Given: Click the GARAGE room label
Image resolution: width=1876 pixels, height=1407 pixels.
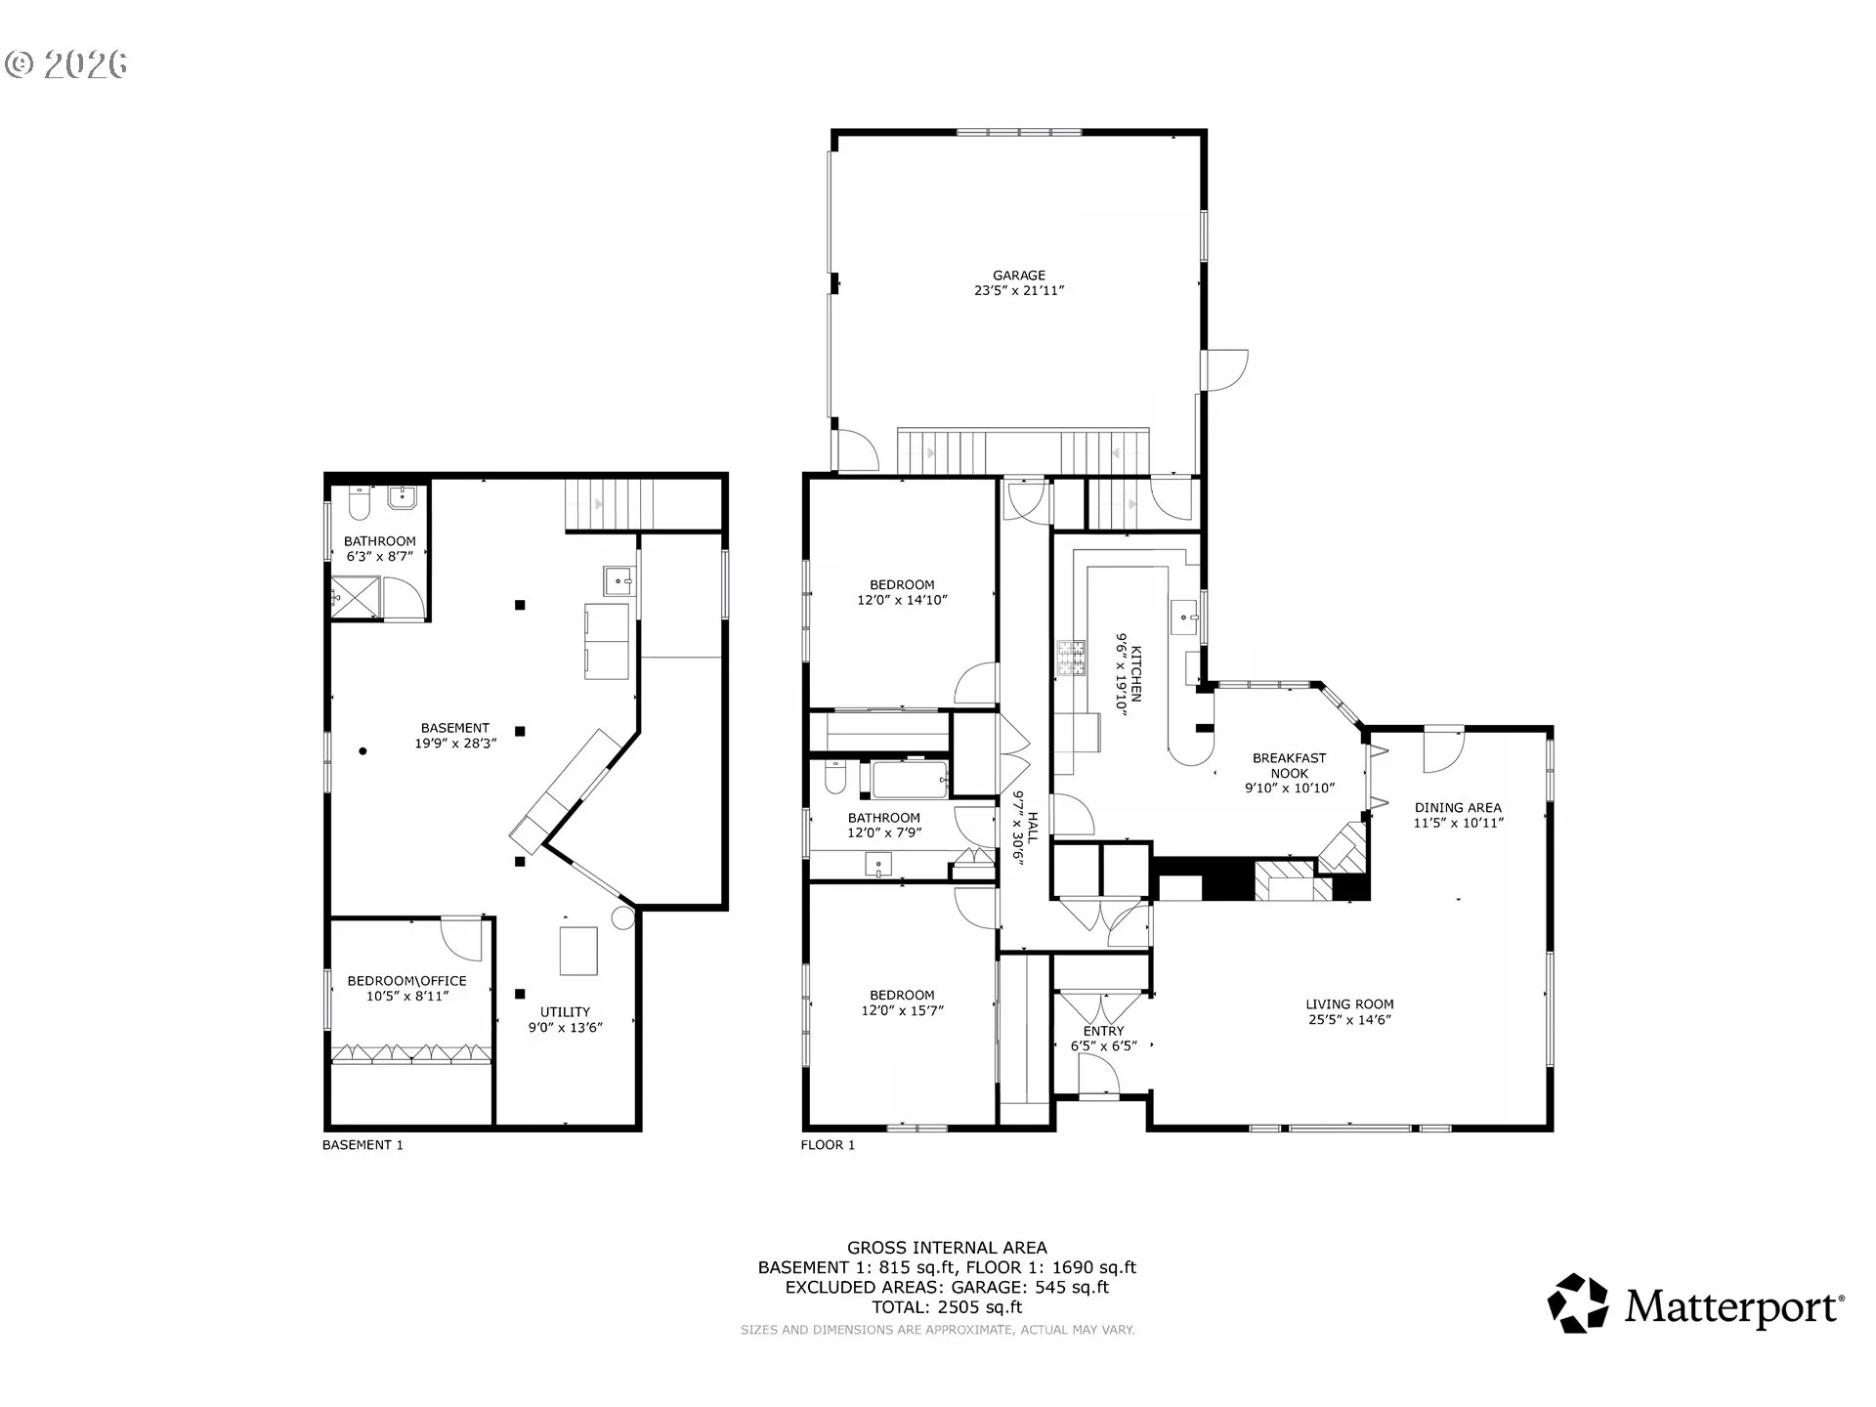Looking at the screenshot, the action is (1019, 276).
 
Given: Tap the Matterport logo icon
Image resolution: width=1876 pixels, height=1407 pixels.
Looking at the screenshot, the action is (1578, 1302).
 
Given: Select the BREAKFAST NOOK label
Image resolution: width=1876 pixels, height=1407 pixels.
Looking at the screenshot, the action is (1290, 765).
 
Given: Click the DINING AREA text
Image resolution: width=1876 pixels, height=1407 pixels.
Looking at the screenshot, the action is (1458, 807).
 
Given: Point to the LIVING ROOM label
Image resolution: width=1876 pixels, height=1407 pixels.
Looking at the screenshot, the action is (1349, 1003).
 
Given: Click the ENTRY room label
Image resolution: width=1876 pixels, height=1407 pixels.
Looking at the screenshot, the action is (1104, 1031).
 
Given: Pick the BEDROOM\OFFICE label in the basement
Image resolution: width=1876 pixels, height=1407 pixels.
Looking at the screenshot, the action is (407, 981).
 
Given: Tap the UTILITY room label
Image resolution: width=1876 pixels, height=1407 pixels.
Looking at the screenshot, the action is (566, 1012).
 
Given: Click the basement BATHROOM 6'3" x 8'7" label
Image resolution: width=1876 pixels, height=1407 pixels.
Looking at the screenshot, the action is (380, 548).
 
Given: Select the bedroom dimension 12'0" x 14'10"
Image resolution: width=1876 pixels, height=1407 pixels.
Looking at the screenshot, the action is (902, 600).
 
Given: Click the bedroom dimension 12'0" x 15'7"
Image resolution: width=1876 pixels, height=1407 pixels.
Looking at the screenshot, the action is (902, 1010).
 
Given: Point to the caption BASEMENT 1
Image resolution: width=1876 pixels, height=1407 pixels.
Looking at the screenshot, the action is (362, 1145).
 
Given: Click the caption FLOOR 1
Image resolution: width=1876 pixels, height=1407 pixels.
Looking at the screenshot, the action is (828, 1145).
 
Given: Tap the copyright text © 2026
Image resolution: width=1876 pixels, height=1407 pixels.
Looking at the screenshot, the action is (66, 64).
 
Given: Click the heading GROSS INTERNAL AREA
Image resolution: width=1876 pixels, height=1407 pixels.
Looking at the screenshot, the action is (947, 1248).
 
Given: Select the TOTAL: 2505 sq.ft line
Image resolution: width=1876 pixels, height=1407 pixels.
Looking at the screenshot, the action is (947, 1307).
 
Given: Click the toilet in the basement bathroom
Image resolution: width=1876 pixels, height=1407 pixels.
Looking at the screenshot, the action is (357, 503).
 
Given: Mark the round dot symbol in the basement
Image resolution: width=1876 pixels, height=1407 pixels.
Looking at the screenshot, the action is (363, 751).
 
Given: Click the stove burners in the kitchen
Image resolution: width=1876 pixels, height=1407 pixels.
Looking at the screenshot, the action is (1072, 659).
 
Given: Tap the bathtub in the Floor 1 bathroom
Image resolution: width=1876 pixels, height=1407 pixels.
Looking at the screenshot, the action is (911, 780).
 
